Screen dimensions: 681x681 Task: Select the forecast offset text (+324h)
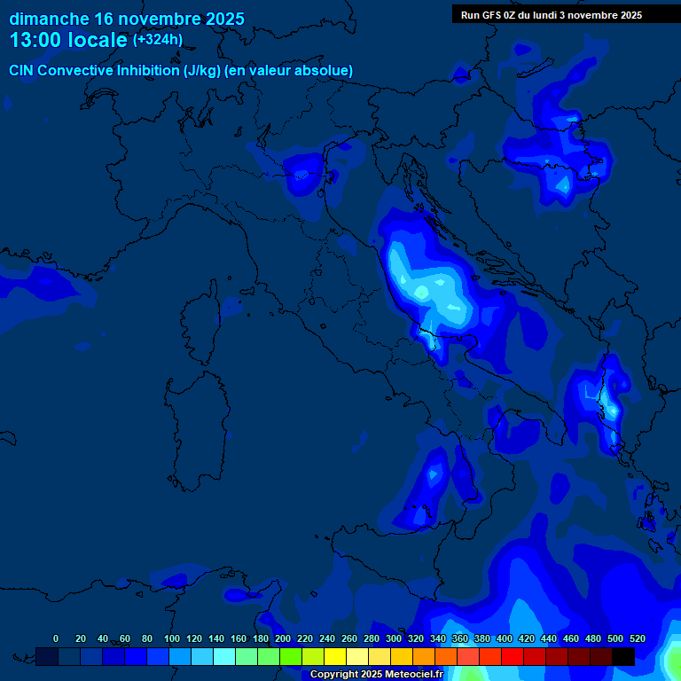pos(158,40)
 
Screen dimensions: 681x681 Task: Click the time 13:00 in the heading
pos(36,41)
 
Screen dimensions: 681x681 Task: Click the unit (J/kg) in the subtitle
pos(206,70)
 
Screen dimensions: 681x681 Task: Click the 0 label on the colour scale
pos(56,638)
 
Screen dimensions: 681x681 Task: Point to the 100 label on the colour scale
pos(172,638)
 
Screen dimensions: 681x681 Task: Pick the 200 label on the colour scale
pos(283,638)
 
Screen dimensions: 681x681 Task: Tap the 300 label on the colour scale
pos(394,638)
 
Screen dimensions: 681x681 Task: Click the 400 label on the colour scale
pos(505,638)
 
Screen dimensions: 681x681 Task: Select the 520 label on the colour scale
pos(637,638)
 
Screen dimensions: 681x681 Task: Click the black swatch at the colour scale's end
pos(623,656)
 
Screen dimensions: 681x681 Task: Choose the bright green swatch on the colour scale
pos(291,656)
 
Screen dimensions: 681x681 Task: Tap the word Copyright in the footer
pos(335,675)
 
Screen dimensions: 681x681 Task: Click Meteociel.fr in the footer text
pos(419,675)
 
